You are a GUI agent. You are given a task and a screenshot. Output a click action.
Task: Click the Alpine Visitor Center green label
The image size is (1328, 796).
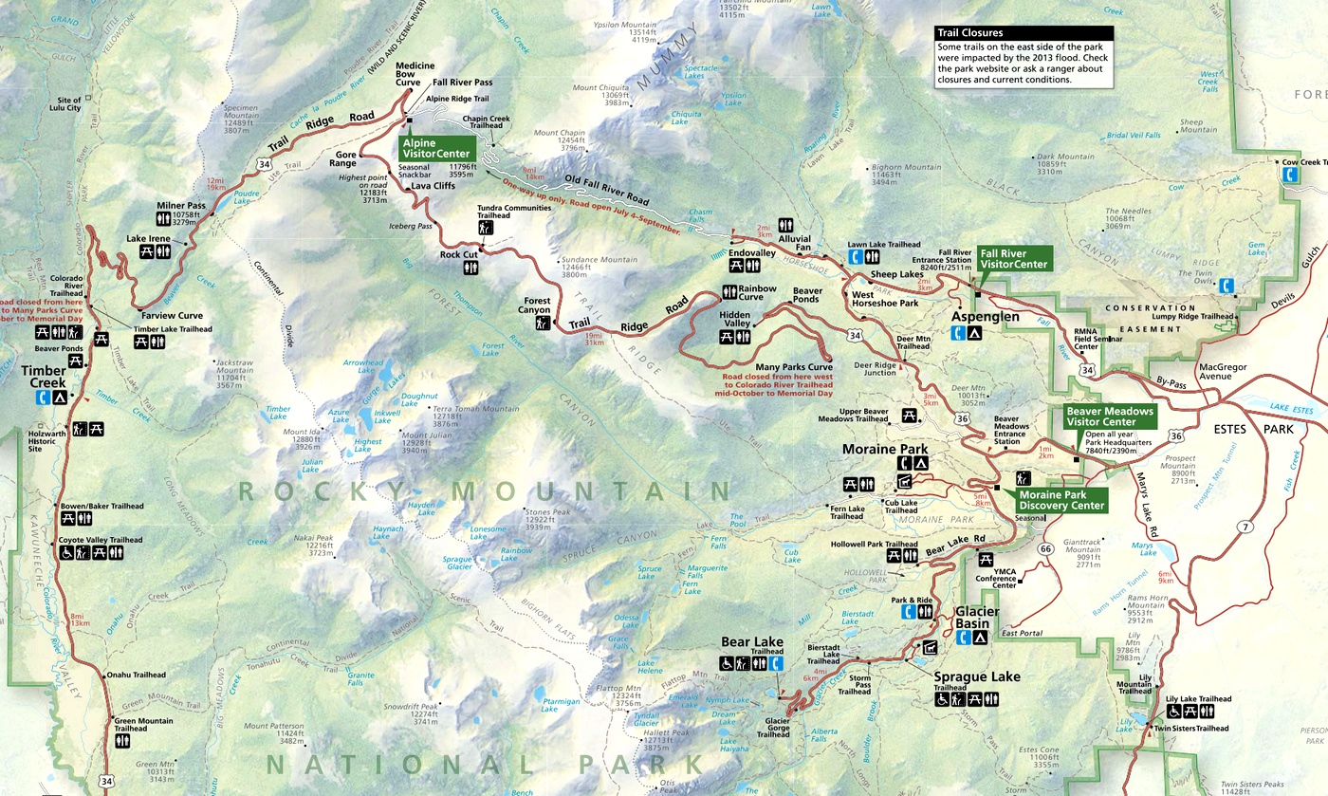click(435, 147)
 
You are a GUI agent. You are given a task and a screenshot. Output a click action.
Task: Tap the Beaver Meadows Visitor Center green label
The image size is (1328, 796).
click(1109, 417)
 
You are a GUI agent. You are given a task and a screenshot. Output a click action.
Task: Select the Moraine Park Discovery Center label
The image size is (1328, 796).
click(1061, 499)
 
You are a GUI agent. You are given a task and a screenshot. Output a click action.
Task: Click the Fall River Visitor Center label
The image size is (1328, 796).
click(1014, 258)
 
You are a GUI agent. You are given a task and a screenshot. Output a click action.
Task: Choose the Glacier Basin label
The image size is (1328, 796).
click(977, 618)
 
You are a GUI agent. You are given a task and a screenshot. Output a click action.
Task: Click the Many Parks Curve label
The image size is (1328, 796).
click(793, 367)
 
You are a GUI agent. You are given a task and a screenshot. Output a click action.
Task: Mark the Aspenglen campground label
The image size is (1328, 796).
click(985, 316)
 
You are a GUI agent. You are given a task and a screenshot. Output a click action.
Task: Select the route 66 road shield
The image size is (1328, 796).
click(1046, 549)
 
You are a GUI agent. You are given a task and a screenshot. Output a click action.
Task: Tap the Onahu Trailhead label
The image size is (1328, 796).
click(136, 675)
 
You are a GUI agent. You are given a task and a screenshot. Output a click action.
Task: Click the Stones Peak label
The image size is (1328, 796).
click(548, 512)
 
